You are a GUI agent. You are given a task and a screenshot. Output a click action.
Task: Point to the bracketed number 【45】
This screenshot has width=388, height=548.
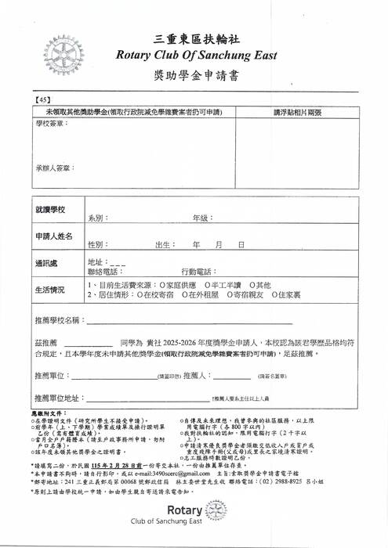pos(42,101)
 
